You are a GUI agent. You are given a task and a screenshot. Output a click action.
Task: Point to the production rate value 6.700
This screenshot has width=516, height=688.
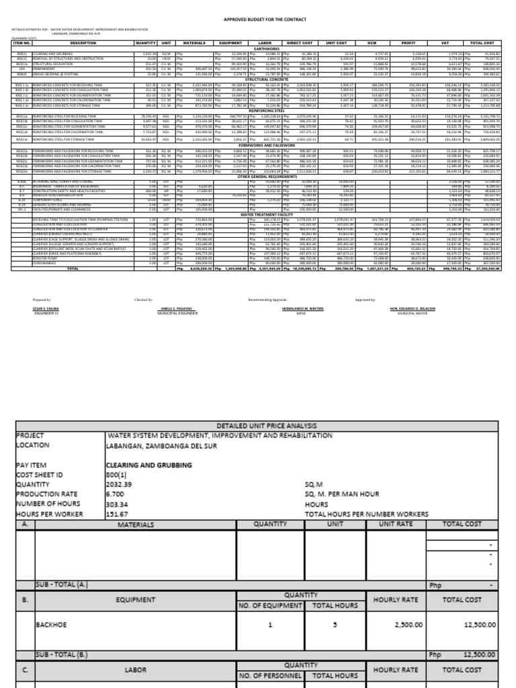[116, 494]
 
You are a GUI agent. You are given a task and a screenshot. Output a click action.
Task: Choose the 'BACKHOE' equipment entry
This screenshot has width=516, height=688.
[51, 624]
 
